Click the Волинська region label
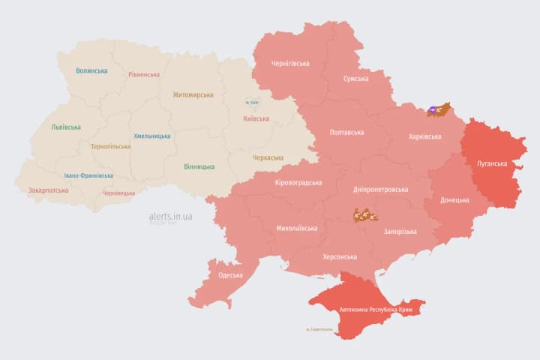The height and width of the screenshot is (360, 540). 91,71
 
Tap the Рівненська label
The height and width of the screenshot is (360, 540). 144,75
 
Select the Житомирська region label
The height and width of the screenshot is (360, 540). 193,95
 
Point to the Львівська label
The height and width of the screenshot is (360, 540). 66,127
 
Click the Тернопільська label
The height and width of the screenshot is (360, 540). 111,147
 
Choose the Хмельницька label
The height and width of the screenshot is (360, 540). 151,136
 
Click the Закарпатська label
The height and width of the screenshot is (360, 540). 48,190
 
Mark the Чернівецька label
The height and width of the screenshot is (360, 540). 118,193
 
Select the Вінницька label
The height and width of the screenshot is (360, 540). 199,166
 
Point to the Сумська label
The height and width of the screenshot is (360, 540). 355,79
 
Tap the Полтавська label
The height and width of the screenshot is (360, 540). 346,133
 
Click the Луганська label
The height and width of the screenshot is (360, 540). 492,163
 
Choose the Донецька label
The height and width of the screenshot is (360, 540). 454,200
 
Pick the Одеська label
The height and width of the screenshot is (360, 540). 230,275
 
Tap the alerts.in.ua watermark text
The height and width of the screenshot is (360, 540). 170,216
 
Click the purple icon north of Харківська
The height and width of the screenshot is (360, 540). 433,110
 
